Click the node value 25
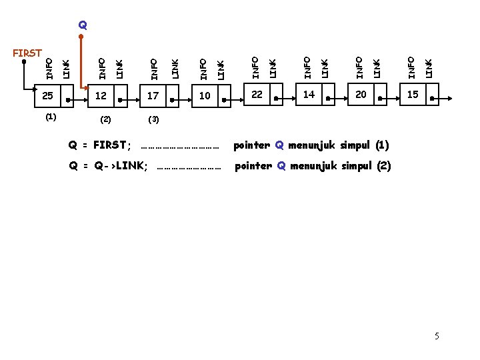(x=47, y=96)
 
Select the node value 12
(x=101, y=96)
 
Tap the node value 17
(x=153, y=96)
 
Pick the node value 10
(x=205, y=96)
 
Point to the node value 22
(x=257, y=95)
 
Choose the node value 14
(x=309, y=95)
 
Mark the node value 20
(x=361, y=95)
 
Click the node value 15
(x=413, y=95)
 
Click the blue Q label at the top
(x=82, y=25)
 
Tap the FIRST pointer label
(x=28, y=53)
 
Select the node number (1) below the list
(x=51, y=117)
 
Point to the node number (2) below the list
(x=105, y=121)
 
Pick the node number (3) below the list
(x=153, y=121)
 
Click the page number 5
(x=437, y=336)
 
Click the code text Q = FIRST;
(x=100, y=145)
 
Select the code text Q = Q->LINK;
(x=109, y=166)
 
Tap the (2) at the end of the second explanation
(x=383, y=166)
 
